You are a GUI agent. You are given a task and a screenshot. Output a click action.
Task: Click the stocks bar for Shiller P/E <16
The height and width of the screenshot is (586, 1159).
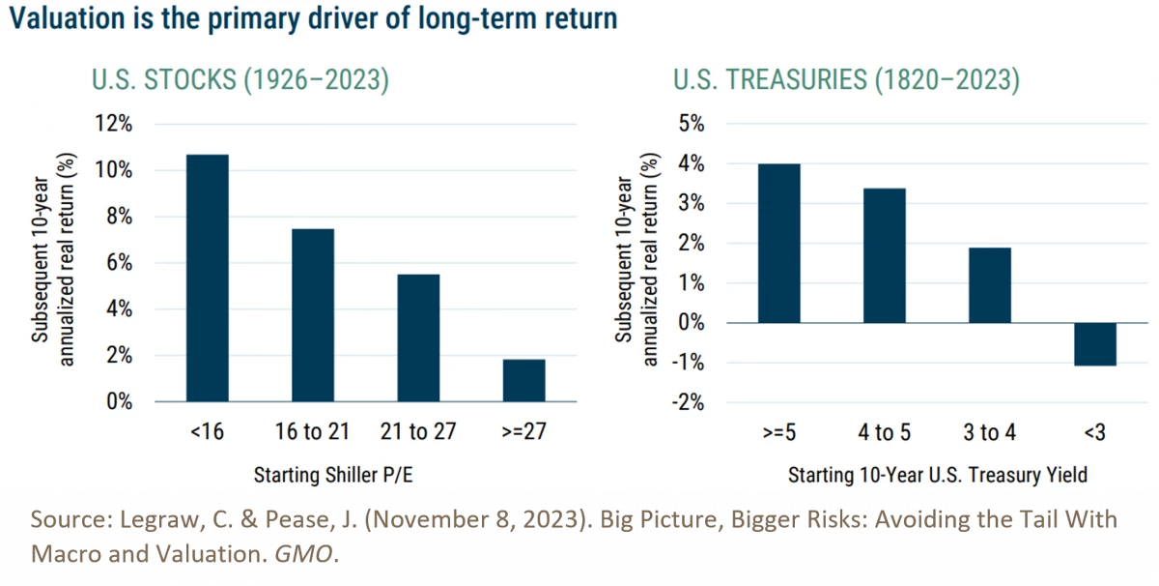pos(207,278)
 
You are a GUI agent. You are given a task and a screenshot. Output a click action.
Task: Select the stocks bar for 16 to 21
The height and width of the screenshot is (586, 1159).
pos(312,315)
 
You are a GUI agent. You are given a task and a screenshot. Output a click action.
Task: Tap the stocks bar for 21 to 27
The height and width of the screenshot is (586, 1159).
pos(418,337)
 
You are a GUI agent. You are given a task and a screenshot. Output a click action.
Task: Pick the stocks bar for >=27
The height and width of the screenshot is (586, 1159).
pos(523,380)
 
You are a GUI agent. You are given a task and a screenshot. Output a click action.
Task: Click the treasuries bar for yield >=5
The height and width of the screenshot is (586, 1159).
pos(778,244)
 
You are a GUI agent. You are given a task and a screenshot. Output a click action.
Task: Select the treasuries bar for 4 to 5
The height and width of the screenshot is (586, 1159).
pos(884,256)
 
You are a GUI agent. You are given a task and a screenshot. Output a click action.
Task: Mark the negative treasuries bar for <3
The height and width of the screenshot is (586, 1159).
pos(1094,344)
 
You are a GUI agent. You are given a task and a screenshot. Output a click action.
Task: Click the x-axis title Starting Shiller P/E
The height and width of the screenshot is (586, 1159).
pos(339,476)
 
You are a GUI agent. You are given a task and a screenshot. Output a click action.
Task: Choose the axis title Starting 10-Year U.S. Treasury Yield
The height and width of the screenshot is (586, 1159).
pos(937,476)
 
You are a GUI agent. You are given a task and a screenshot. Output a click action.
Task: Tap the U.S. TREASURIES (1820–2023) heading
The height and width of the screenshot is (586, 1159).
pos(846,80)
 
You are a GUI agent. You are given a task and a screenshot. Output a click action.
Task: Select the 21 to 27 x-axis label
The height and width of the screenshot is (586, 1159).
pos(418,432)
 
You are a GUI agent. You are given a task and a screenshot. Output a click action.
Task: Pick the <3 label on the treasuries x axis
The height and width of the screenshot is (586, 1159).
pos(1094,432)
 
